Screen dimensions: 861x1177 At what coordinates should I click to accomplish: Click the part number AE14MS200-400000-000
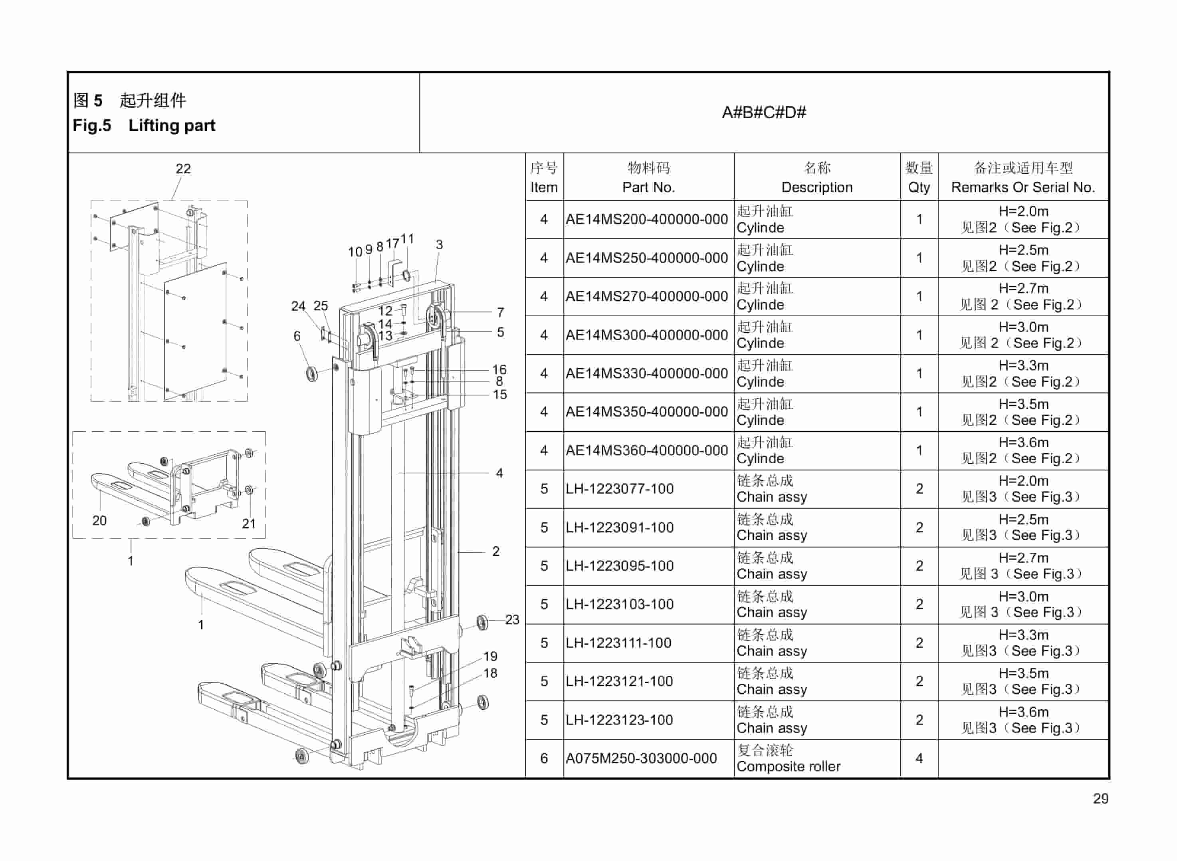tap(646, 219)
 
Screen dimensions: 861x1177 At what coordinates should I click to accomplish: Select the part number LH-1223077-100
tap(620, 489)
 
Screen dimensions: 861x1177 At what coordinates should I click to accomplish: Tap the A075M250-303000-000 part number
tap(641, 758)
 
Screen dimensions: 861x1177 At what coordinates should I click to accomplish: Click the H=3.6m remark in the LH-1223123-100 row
tap(1023, 712)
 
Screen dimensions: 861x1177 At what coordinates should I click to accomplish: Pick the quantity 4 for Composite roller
tap(919, 758)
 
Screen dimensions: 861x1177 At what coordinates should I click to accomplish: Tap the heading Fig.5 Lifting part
tap(144, 126)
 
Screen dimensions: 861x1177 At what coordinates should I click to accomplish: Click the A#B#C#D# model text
tap(763, 113)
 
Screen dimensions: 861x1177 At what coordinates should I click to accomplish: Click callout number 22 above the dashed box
tap(183, 169)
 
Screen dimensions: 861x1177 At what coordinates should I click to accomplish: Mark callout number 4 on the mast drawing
tap(499, 473)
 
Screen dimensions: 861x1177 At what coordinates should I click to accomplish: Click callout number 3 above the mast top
tap(439, 244)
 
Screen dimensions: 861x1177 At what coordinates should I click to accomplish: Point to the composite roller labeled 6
tap(311, 374)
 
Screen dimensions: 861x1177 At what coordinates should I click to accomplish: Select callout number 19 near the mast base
tap(490, 656)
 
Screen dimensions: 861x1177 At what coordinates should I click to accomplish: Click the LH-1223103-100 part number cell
tap(620, 605)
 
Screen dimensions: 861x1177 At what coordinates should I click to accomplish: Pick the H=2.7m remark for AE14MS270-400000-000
tap(1023, 288)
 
